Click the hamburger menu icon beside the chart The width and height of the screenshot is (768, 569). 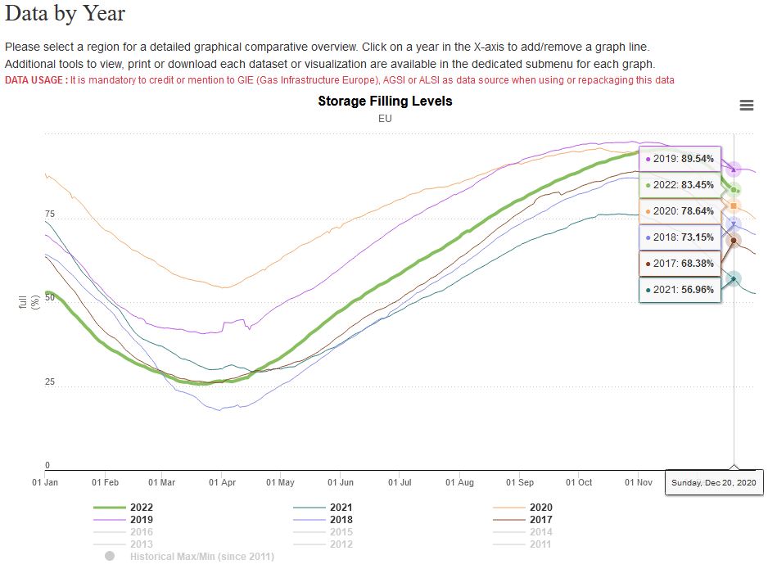tap(746, 105)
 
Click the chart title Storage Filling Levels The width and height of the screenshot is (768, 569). tap(385, 102)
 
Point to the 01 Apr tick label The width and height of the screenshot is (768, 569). tap(222, 483)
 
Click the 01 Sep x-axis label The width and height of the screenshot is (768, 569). tap(519, 483)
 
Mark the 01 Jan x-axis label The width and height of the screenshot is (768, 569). tap(45, 483)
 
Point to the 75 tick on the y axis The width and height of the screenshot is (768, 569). tap(50, 215)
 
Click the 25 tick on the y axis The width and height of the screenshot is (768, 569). tap(50, 382)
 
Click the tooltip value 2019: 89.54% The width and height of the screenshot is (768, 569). tap(680, 159)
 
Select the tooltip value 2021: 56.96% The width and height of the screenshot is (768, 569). tap(680, 290)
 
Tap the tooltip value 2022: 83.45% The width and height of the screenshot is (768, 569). tap(680, 185)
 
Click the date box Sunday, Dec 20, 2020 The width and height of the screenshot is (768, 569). tap(714, 483)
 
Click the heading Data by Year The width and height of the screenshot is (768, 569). tap(66, 14)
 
